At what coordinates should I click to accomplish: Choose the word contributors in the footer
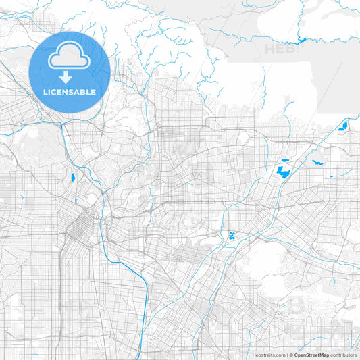pyautogui.click(x=344, y=355)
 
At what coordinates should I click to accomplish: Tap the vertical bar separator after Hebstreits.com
pyautogui.click(x=287, y=355)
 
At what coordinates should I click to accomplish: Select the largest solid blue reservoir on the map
pyautogui.click(x=283, y=172)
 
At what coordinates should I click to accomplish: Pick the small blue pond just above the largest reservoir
pyautogui.click(x=283, y=161)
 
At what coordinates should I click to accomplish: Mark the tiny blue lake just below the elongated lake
pyautogui.click(x=76, y=201)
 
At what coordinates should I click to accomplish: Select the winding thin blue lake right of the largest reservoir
pyautogui.click(x=317, y=161)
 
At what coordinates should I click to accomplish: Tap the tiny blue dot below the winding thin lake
pyautogui.click(x=331, y=177)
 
